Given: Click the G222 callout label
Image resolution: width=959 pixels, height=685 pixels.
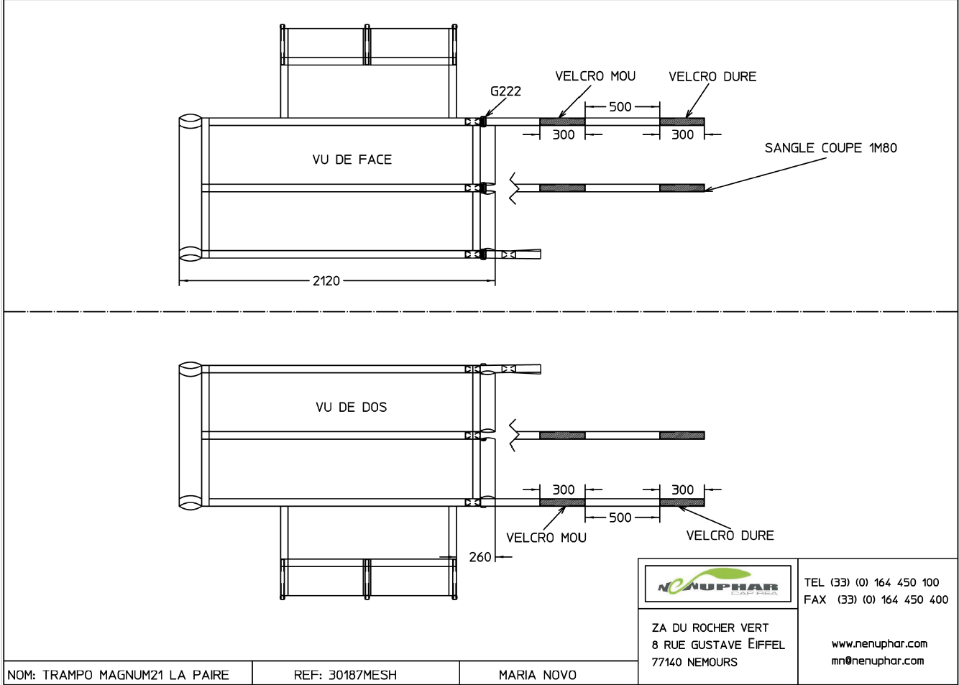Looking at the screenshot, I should coord(505,91).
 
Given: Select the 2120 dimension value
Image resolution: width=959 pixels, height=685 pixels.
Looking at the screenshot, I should coord(326,281).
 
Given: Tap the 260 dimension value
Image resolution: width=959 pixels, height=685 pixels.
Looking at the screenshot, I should coord(479,557).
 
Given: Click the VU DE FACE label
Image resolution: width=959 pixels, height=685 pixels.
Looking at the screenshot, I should coord(352,160).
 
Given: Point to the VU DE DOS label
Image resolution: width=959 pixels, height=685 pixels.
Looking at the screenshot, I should coord(351,408).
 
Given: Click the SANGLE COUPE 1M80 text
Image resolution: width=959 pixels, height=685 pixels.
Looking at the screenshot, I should coord(830,148).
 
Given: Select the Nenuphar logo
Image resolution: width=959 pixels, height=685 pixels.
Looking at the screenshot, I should coord(718,584).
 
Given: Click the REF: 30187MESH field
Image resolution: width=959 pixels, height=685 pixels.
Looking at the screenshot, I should coord(345,675).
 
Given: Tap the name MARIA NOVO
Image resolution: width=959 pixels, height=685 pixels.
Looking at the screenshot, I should coord(537,675).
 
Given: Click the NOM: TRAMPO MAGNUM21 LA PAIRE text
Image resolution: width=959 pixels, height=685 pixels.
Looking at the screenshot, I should coord(119,675).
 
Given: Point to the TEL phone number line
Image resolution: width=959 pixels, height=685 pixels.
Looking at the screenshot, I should coord(871,582).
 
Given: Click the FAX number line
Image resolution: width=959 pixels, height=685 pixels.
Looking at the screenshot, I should coord(876,599).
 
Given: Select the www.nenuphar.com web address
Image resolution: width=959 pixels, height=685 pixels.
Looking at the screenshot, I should coord(878,643).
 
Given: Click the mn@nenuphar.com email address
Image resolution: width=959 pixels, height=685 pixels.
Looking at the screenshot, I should coord(877,661).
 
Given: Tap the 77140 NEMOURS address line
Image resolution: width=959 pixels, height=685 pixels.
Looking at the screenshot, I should coord(694,662).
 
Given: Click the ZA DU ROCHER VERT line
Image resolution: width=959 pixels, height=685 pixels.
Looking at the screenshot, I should coord(710,627).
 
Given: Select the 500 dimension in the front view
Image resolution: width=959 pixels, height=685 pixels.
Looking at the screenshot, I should coord(620,107).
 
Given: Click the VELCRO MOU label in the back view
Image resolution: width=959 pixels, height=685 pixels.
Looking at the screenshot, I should coord(546,538).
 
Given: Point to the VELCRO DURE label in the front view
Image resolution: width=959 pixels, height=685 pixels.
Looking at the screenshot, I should coord(712,77).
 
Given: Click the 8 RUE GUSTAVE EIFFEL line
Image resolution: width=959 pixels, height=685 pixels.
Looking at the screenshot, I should coord(717,645).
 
